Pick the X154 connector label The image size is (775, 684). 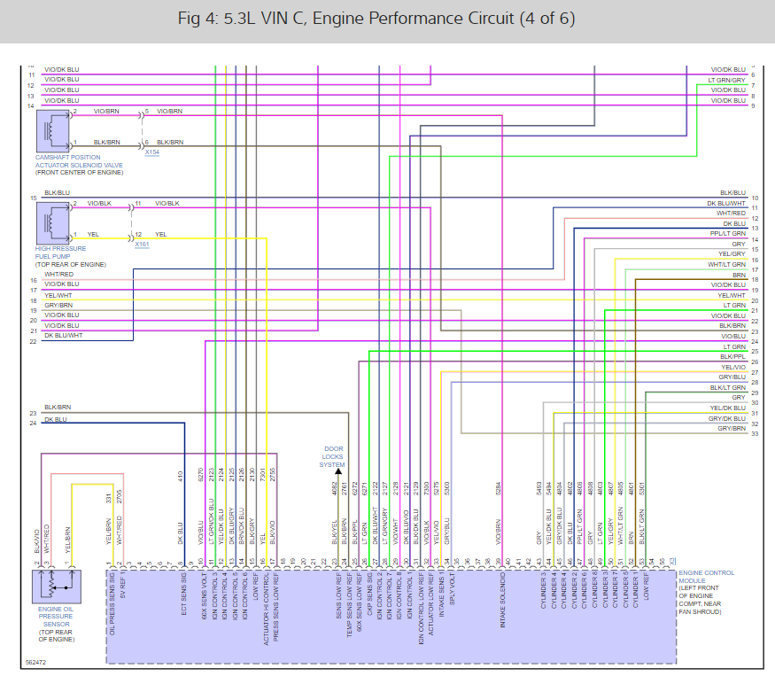[x=152, y=152]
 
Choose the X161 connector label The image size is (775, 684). [x=143, y=244]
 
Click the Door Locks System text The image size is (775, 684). [x=333, y=456]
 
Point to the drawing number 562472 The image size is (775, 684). [x=36, y=662]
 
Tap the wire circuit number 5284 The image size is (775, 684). [x=500, y=486]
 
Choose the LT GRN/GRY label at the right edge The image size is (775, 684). [x=726, y=79]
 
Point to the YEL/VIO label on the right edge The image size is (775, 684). [x=732, y=367]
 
